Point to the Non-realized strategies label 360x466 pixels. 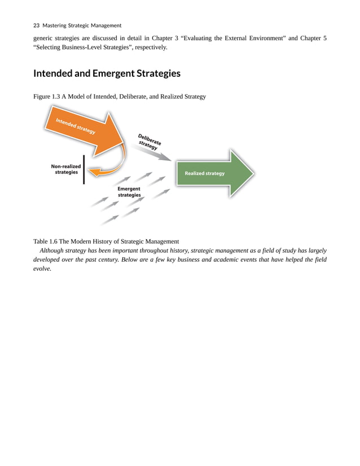[66, 169]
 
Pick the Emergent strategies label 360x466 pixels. [129, 192]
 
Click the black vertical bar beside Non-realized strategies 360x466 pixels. [84, 169]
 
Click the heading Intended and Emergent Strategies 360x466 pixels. [107, 73]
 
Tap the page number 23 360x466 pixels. [37, 25]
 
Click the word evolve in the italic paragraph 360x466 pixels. [42, 269]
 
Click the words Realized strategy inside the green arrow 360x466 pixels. [204, 173]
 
